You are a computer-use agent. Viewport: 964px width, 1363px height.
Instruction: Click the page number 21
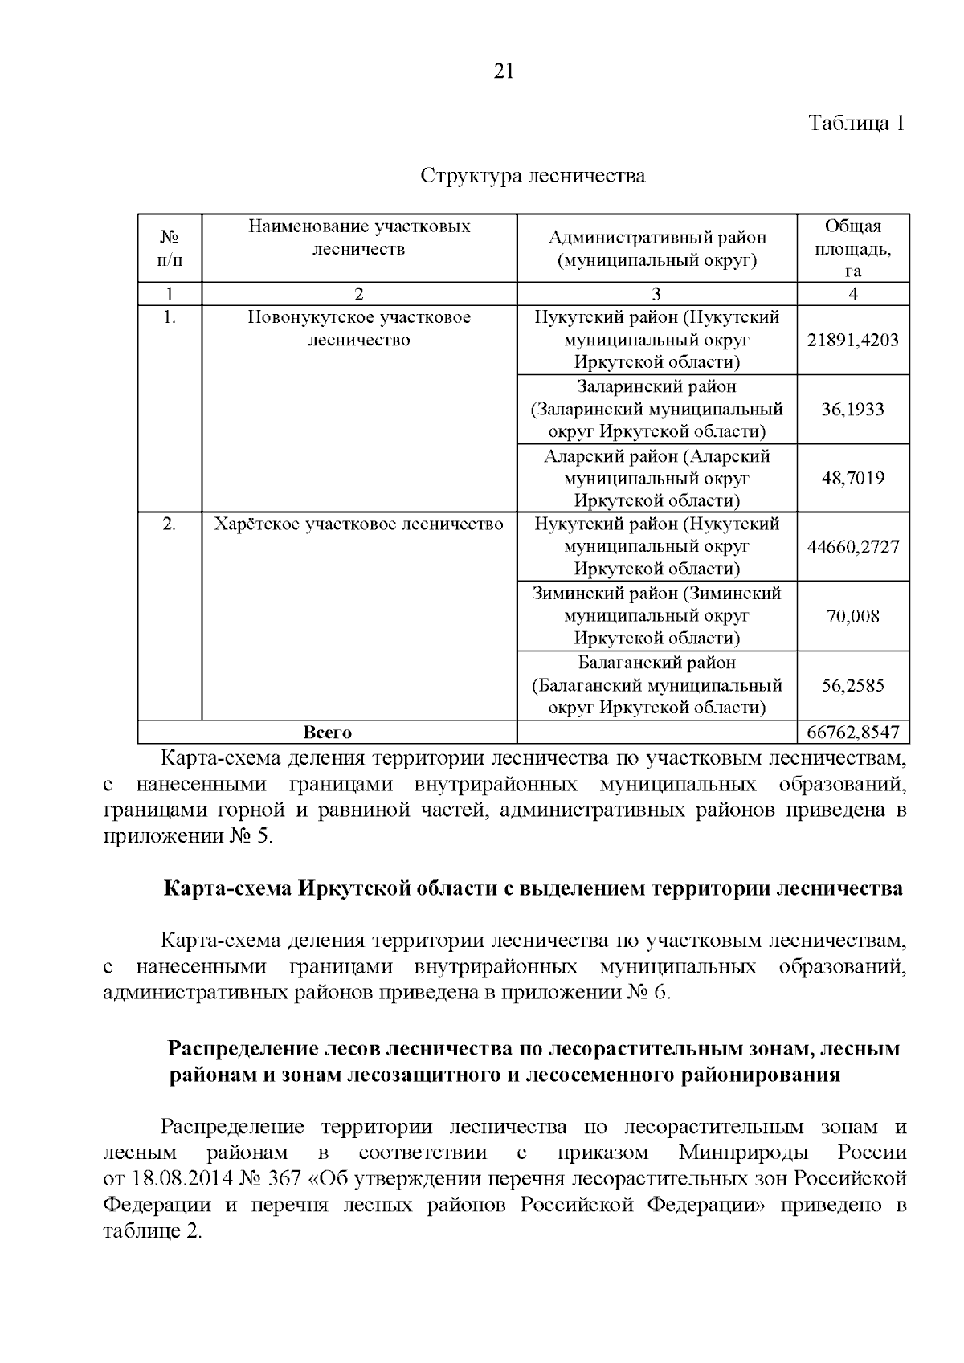[502, 71]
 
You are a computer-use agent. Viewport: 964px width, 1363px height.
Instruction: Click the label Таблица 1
[856, 124]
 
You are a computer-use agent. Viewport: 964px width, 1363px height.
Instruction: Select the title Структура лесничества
[533, 175]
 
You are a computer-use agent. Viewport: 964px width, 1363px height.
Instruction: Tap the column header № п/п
[170, 247]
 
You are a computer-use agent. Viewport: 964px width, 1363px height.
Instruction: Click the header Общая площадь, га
[852, 247]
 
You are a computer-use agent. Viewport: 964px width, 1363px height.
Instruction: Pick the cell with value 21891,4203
[852, 340]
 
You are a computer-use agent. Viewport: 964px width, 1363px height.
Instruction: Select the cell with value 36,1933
[852, 409]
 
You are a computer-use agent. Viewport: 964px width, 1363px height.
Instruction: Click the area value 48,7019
[852, 478]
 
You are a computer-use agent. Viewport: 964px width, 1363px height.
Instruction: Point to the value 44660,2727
[852, 547]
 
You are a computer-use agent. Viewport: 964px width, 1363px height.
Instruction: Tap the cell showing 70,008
[852, 616]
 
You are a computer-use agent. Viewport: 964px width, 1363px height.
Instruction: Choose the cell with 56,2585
[852, 685]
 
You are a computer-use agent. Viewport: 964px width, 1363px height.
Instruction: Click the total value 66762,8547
[852, 732]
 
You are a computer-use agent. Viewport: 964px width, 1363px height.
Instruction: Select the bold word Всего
[327, 732]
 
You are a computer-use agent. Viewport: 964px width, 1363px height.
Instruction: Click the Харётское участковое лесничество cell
[358, 524]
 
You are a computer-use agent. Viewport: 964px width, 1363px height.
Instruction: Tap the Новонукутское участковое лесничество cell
[358, 329]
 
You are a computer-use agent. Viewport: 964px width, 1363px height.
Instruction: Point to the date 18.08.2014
[170, 1179]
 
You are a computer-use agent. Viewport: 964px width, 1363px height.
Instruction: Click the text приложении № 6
[584, 992]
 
